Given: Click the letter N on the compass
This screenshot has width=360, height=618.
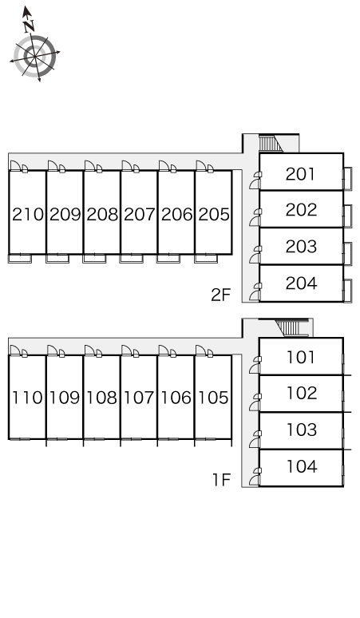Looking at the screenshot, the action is coord(29,26).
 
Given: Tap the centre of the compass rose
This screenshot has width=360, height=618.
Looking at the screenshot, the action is coord(34,57).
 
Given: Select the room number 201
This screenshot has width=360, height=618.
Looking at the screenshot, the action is coord(300,174).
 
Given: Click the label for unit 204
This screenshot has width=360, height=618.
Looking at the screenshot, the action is coord(301,283).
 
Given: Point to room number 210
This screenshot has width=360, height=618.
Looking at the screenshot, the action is coord(28,215).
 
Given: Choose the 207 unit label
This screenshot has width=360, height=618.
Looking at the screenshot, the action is coord(140,215).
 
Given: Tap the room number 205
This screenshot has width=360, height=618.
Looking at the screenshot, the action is coord(214,215).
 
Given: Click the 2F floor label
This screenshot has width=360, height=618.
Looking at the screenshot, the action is coord(220,295).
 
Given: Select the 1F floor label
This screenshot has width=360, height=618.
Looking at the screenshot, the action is coord(221,480).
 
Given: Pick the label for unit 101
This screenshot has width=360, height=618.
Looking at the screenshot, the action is coord(300,358).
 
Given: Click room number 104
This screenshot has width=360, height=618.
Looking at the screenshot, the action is coord(302,466).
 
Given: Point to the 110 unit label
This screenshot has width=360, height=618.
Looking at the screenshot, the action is coord(27,398).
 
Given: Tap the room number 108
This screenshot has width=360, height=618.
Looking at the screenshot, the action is coord(101,398).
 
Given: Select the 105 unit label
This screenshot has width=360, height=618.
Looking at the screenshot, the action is coord(213,398).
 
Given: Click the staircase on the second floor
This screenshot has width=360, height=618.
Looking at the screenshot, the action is coord(271,144).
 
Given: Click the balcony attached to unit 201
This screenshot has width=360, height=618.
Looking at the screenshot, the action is coord(348,179).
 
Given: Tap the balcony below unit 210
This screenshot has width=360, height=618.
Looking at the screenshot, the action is coord(20,259).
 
